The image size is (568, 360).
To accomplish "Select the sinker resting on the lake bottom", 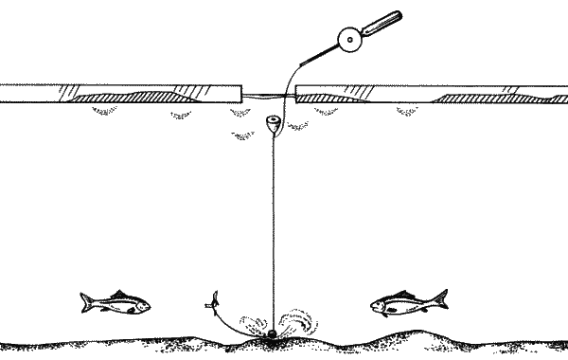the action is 271,334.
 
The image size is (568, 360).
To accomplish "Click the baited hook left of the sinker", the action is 213,305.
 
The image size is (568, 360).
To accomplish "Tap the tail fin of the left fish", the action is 86,302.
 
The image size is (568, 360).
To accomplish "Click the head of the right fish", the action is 379,305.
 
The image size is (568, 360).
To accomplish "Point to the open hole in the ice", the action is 270,93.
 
